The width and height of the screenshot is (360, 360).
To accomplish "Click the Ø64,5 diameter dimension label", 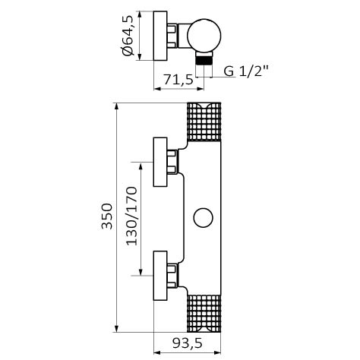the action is pyautogui.click(x=128, y=36).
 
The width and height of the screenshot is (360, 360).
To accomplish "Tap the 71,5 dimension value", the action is pyautogui.click(x=178, y=80).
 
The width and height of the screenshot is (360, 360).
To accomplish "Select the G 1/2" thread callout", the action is pyautogui.click(x=245, y=71).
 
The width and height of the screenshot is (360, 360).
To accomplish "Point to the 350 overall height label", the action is pyautogui.click(x=107, y=216).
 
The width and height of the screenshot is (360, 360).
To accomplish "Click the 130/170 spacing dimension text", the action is pyautogui.click(x=131, y=216).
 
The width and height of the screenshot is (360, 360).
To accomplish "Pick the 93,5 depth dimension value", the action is pyautogui.click(x=188, y=343).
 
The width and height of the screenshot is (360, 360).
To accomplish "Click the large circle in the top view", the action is pyautogui.click(x=204, y=36).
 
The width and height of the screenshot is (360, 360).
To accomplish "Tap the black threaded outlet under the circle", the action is pyautogui.click(x=204, y=61).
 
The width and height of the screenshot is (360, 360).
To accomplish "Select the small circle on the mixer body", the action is pyautogui.click(x=203, y=217).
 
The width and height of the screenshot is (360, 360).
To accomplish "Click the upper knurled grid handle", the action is pyautogui.click(x=204, y=122).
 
